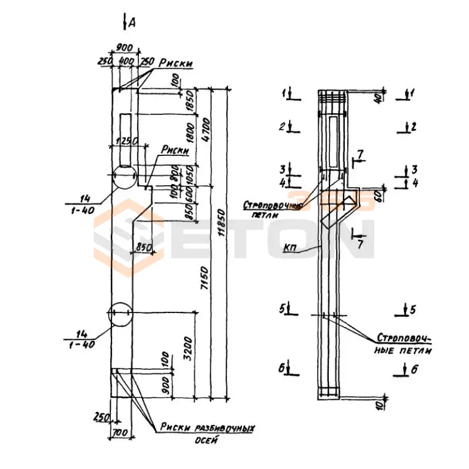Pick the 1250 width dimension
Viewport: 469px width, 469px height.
pyautogui.click(x=127, y=141)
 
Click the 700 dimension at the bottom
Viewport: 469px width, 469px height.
pyautogui.click(x=121, y=433)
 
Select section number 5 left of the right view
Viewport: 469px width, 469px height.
pyautogui.click(x=283, y=309)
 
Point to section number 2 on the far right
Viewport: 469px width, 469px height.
pyautogui.click(x=413, y=125)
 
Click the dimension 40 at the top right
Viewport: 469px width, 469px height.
pyautogui.click(x=378, y=98)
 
